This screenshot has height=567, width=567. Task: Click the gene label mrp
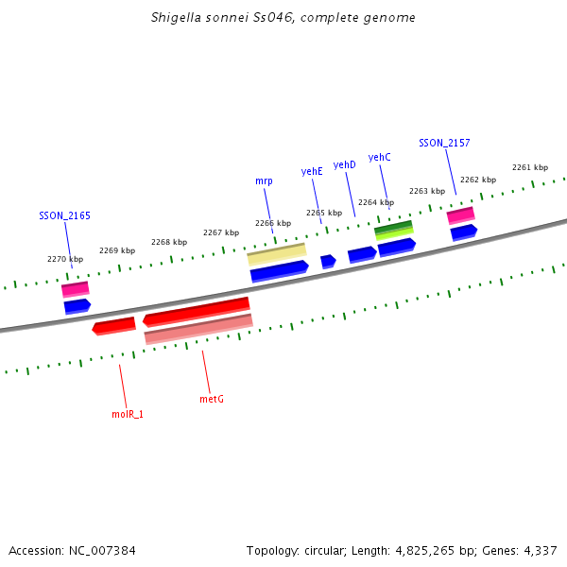(x=264, y=180)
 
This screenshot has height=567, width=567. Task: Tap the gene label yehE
(x=312, y=171)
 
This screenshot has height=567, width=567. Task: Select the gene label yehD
(x=345, y=164)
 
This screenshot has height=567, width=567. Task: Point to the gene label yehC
(x=380, y=157)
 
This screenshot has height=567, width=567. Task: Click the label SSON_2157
(x=444, y=143)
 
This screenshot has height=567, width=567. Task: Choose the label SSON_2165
(x=64, y=215)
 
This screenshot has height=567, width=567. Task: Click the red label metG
(x=212, y=399)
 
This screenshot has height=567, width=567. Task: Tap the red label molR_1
(x=128, y=414)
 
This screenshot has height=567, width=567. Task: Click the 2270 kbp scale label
(x=65, y=259)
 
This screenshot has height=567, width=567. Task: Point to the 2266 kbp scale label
(x=273, y=223)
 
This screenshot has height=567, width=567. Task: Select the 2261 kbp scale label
(x=530, y=167)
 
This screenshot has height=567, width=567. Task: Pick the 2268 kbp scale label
(x=169, y=242)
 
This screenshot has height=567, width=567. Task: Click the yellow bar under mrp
(x=277, y=254)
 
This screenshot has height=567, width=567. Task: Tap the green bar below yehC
(x=394, y=229)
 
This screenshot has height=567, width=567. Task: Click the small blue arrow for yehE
(x=328, y=261)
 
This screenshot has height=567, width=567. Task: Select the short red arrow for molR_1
(x=114, y=326)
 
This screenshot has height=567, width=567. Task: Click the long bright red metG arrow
(x=197, y=311)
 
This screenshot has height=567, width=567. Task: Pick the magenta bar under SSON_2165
(x=76, y=288)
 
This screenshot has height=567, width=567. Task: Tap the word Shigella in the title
(x=175, y=18)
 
